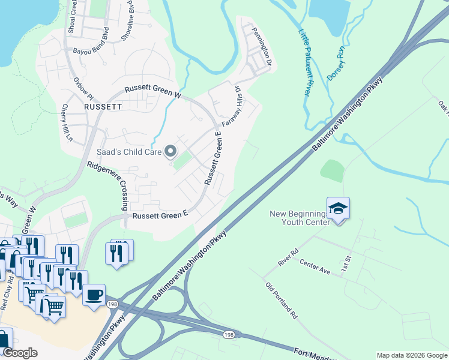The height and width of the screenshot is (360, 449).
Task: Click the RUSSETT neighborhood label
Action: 103,106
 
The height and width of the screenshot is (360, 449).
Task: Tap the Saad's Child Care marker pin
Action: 170,151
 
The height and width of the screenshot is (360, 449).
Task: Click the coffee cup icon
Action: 94,296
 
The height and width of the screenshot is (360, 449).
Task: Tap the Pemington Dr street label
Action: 262,46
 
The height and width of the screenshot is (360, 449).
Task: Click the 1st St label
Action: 346,263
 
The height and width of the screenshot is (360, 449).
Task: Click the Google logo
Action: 20,353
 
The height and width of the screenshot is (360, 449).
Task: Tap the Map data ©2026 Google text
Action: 411,355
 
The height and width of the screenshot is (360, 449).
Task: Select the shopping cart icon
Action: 53,307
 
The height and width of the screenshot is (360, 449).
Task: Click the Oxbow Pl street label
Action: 83,89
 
